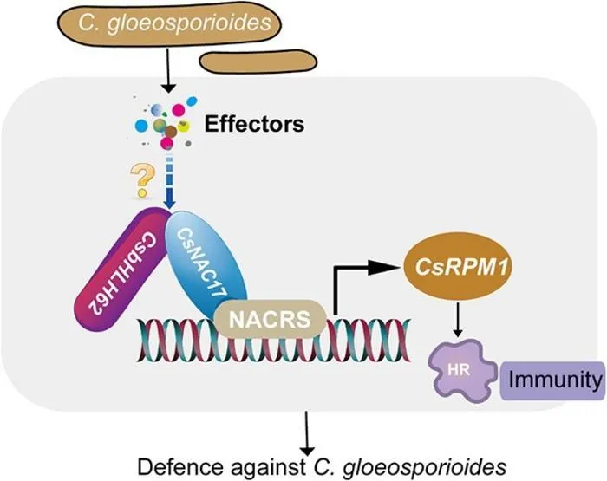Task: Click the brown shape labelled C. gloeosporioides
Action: click(x=170, y=24)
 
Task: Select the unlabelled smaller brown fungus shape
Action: click(x=258, y=62)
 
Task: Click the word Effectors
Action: click(x=254, y=124)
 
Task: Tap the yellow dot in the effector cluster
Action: click(x=185, y=126)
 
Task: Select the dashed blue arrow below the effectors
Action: click(x=170, y=183)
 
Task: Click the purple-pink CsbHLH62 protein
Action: click(x=121, y=270)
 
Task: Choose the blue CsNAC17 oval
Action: click(x=206, y=264)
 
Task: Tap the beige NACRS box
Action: click(x=270, y=319)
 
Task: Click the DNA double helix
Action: click(x=274, y=340)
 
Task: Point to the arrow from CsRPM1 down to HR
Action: click(x=458, y=320)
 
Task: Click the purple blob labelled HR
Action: click(x=462, y=371)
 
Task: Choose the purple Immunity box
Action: click(x=553, y=380)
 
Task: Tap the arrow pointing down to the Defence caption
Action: click(x=307, y=433)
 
